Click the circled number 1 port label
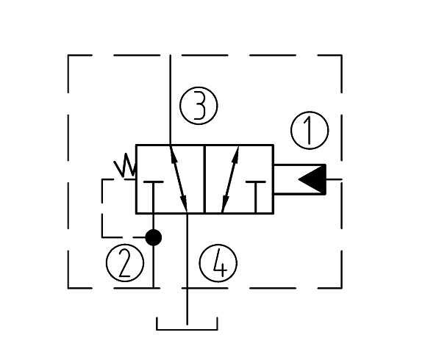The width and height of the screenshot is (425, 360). [310, 130]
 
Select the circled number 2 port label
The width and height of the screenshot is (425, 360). [125, 263]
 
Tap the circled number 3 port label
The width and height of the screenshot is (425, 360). [199, 106]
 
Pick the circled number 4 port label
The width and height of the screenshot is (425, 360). [218, 263]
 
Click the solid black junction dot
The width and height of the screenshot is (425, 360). [154, 237]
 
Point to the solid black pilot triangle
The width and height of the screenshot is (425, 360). [315, 179]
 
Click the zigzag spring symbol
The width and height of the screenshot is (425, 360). [125, 165]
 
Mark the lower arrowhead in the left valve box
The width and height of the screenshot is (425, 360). [184, 204]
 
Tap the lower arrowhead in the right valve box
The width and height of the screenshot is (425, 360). [225, 204]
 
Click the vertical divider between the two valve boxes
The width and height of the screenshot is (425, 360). [204, 179]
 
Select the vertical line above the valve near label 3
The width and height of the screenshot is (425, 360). [170, 100]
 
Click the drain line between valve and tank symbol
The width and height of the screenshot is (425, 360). [187, 269]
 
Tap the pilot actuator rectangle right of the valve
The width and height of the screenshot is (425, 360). [300, 179]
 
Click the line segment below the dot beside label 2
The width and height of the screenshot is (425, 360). [154, 267]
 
